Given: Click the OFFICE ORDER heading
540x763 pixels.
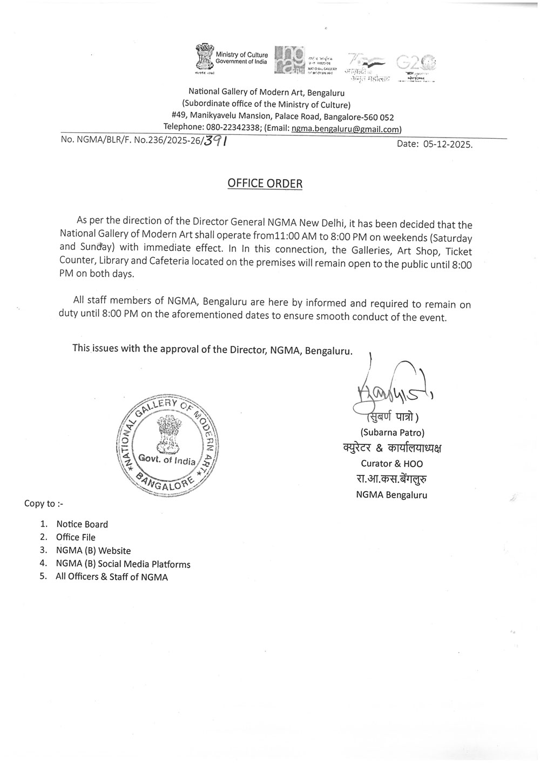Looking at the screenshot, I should click(265, 183).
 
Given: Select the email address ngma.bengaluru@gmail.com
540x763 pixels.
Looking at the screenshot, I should click(345, 129).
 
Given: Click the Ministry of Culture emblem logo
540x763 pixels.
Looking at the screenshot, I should click(205, 58).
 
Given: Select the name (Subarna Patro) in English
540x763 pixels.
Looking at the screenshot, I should click(392, 432).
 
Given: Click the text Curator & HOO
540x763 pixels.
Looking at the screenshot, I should click(392, 464).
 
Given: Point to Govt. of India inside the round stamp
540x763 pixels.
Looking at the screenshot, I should click(167, 460).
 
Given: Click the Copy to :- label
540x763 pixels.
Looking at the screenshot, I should click(44, 503).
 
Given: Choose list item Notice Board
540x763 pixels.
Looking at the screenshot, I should click(82, 524).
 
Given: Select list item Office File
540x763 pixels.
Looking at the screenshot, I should click(76, 537).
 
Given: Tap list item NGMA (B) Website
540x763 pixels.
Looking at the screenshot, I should click(93, 550).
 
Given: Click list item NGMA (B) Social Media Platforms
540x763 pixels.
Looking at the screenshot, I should click(123, 564).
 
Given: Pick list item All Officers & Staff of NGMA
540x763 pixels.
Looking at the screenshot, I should click(112, 577).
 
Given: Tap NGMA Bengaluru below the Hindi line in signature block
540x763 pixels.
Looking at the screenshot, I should click(391, 494).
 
